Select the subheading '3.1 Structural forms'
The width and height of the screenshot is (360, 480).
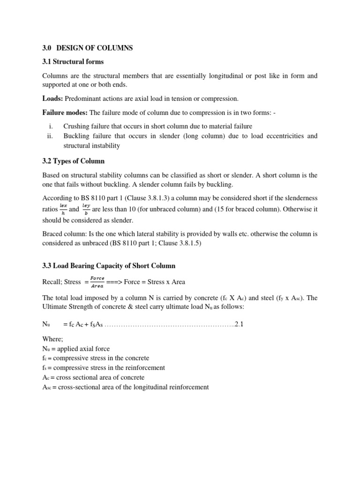click(73, 61)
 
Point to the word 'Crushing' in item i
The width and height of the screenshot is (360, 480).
click(76, 126)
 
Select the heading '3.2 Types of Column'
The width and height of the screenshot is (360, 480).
click(73, 161)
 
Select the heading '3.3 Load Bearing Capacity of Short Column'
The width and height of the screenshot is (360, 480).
click(109, 266)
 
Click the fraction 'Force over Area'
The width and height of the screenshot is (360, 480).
click(97, 282)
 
